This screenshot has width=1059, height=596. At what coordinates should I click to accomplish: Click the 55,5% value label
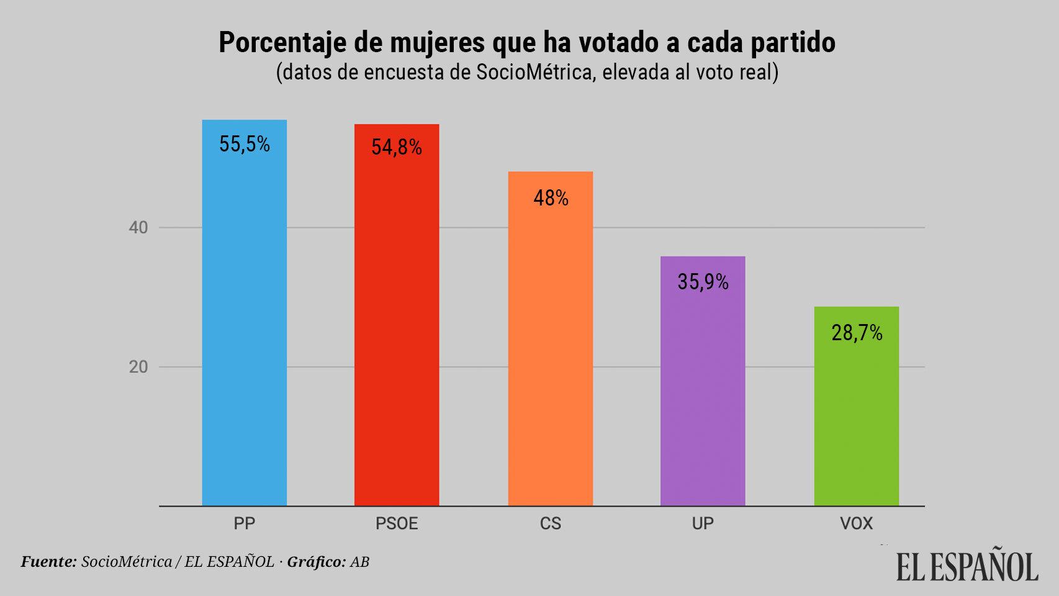coord(245,145)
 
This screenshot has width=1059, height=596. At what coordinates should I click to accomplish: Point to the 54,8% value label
coord(397,147)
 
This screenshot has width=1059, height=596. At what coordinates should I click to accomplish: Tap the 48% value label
coord(551,198)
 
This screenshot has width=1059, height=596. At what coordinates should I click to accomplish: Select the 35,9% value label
coord(703,282)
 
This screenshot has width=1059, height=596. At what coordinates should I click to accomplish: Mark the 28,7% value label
coord(857,333)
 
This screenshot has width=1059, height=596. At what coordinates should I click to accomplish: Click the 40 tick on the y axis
coord(138,228)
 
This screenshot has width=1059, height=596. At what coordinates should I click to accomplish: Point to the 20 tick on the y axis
coord(138,367)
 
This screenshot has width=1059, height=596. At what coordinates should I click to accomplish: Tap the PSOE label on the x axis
coord(397,524)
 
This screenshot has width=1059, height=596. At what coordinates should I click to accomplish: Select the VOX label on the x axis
coord(856,524)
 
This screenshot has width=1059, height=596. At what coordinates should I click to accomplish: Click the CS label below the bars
coord(551,524)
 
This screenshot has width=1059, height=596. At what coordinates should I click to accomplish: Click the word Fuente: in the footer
coord(49,562)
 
